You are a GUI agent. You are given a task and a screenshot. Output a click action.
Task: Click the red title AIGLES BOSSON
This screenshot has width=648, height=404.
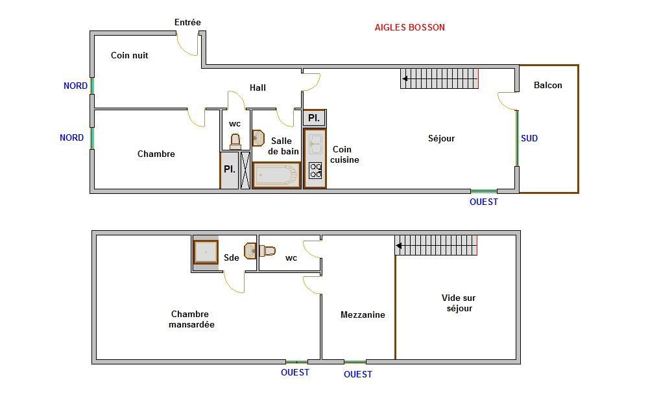coord(409,27)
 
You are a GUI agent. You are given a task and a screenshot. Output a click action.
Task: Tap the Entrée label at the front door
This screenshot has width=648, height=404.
coord(187,22)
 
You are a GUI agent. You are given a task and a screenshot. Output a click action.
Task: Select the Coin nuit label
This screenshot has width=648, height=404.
coord(129,55)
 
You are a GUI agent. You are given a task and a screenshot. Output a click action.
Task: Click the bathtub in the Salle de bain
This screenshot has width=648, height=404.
coord(276,175)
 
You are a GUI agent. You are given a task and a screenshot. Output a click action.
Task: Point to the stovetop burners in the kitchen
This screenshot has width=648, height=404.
coord(315,171)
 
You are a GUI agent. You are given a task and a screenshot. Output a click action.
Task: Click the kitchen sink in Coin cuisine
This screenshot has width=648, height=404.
coord(315,144)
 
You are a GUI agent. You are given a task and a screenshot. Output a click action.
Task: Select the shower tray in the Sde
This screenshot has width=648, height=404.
coord(206,252)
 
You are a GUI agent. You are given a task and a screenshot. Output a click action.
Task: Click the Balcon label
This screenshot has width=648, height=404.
coord(548,85)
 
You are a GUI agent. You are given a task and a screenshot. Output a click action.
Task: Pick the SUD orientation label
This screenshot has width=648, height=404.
coord(529,138)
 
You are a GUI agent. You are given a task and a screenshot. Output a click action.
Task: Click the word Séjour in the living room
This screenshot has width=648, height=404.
coord(441,138)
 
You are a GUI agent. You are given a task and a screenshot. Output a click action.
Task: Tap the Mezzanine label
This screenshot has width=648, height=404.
coord(363,315)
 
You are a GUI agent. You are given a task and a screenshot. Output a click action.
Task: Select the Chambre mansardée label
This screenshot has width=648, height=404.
coord(191,319)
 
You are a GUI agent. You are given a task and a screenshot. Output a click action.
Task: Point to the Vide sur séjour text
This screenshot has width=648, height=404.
coord(459,303)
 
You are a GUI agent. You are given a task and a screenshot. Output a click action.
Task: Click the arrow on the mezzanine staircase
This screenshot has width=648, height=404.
coord(399,246)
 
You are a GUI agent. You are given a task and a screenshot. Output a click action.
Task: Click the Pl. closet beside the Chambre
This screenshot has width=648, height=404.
coord(230,170)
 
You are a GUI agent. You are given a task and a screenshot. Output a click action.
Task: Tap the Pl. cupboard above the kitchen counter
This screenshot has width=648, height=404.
coord(315,118)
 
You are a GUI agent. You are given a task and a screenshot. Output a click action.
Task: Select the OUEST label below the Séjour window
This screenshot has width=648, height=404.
coord(484,202)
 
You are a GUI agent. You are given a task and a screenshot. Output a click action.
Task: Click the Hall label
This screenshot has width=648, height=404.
coord(258,88)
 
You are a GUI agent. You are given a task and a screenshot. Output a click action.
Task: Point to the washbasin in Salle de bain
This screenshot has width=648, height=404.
coord(258,138)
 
